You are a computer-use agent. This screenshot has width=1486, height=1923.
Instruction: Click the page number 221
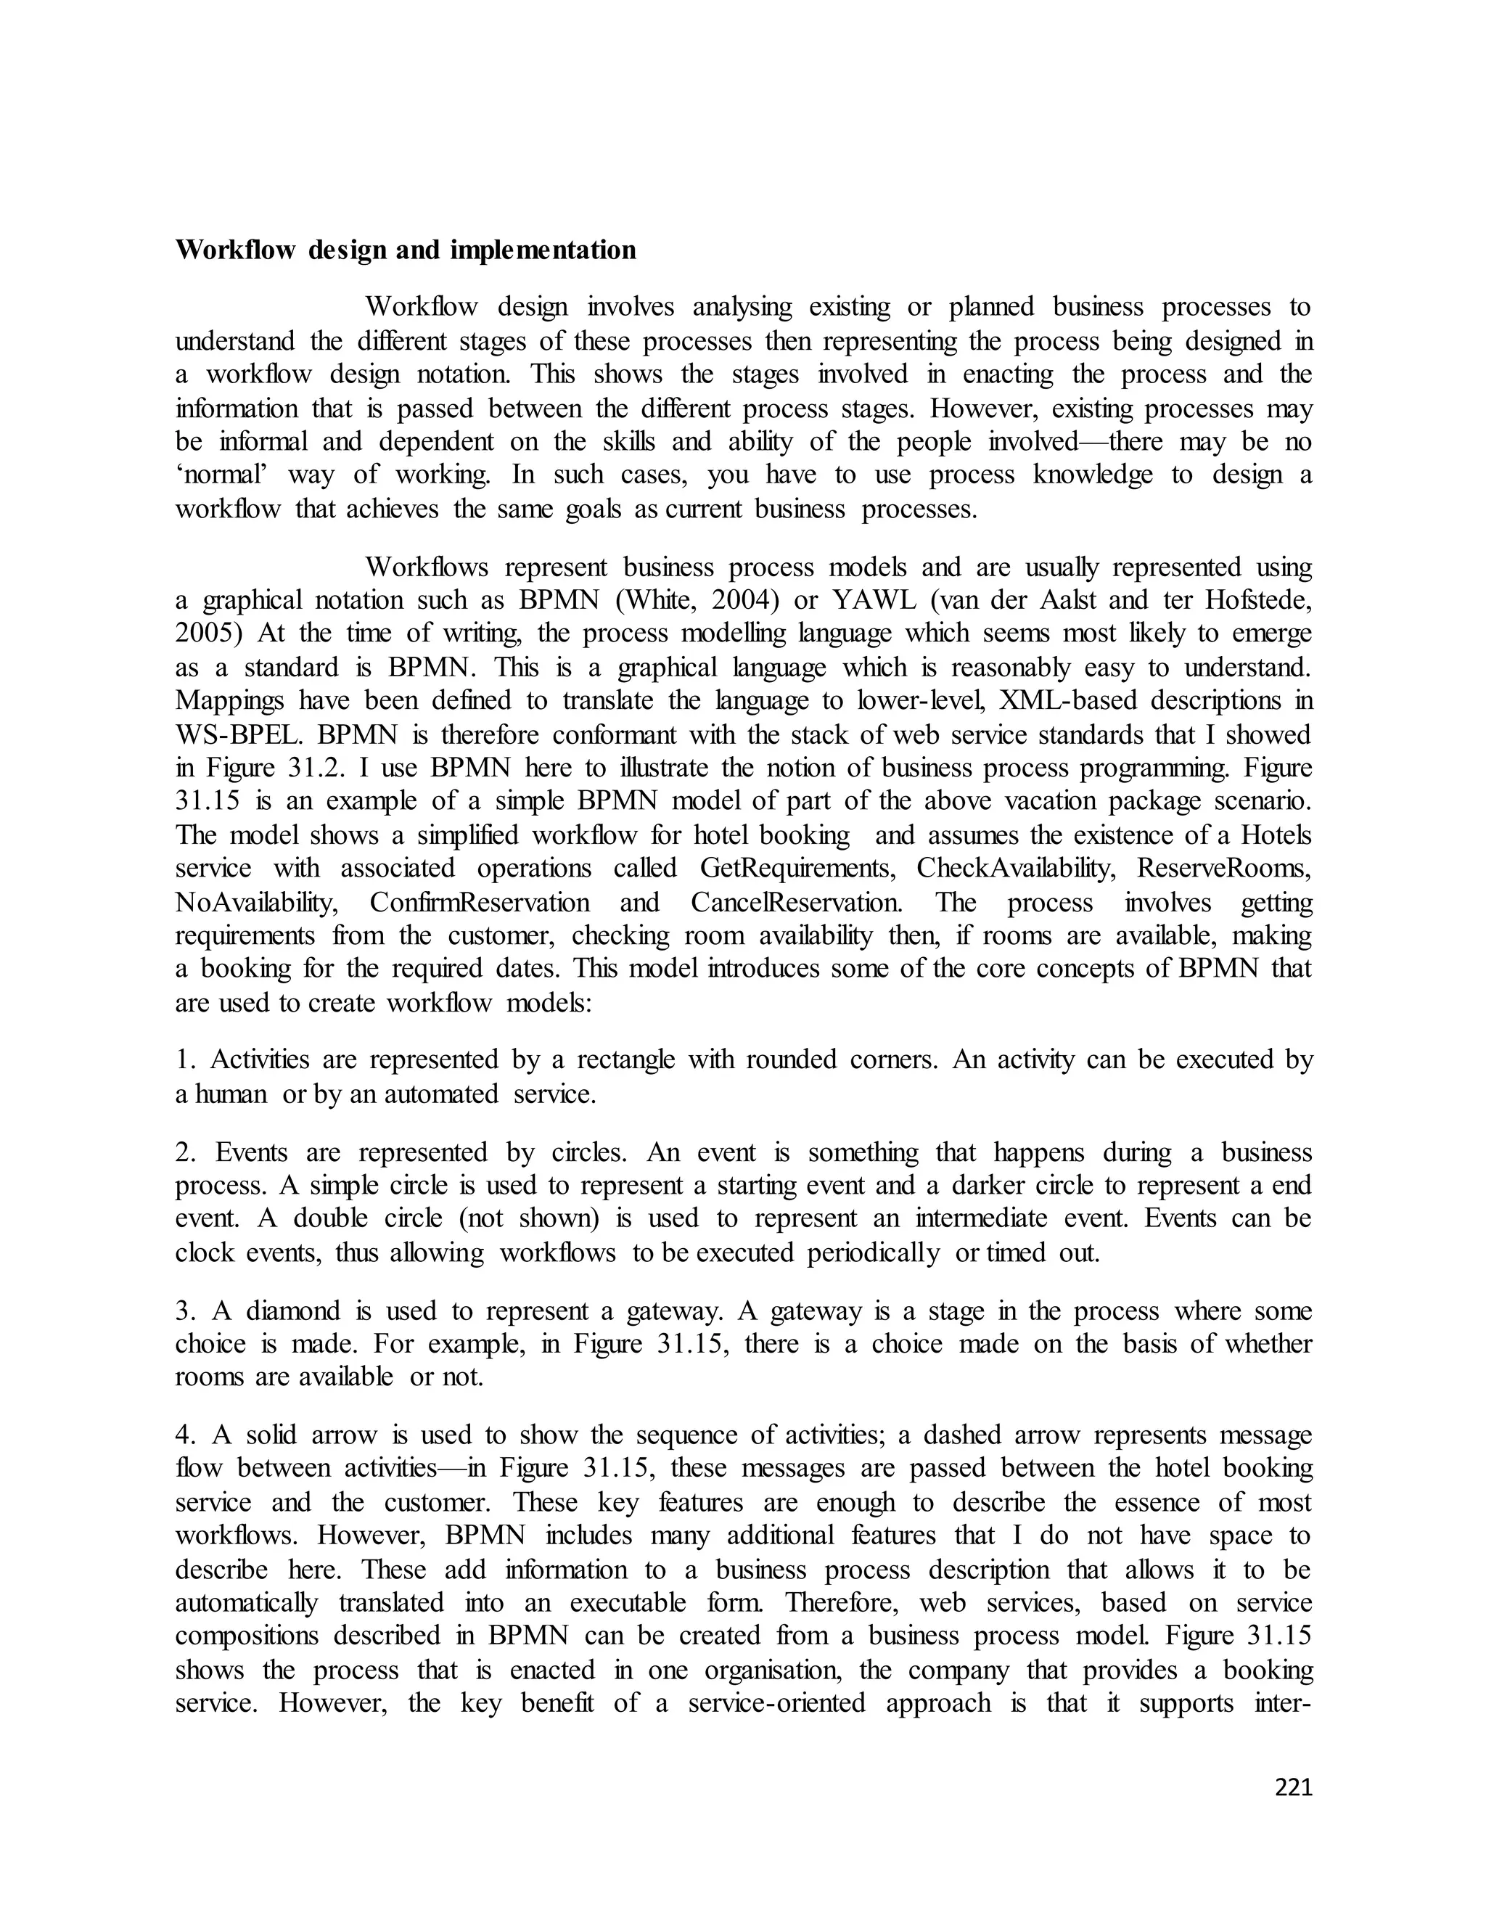coord(1293,1787)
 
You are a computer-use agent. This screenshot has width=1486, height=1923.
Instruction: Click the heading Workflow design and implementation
coord(405,250)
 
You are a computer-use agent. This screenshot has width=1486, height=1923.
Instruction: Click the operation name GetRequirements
coord(797,868)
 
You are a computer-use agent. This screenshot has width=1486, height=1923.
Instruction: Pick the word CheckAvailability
coord(1015,868)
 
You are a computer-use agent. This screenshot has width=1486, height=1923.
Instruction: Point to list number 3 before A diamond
coord(184,1311)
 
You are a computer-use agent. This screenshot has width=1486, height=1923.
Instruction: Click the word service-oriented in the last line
coord(776,1703)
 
